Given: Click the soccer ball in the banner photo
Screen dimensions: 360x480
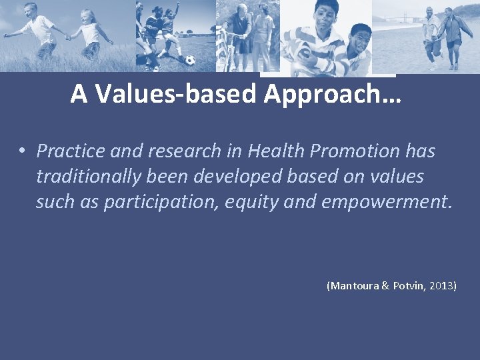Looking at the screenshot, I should [x=190, y=60].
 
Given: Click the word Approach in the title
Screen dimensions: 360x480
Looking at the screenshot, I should [x=332, y=95].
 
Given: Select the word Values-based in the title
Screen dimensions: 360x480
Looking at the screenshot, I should [x=175, y=95].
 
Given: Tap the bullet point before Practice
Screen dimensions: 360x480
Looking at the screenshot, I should [x=22, y=152].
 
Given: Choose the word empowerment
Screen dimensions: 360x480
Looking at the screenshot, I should [x=387, y=202].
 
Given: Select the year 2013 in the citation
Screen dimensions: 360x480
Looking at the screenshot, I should [x=441, y=285].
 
